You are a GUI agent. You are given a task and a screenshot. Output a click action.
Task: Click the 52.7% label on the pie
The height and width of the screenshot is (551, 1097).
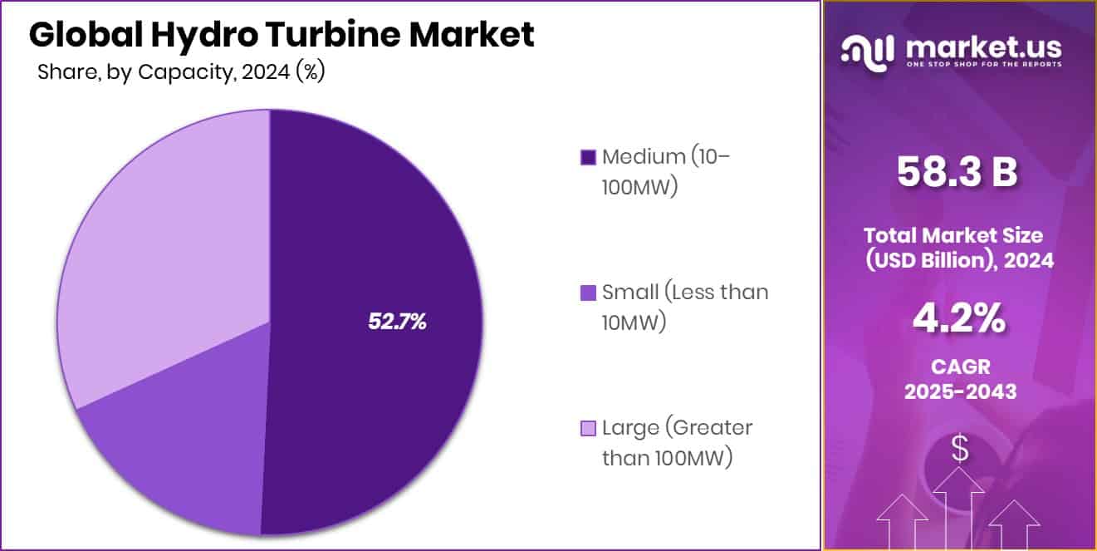click(x=397, y=322)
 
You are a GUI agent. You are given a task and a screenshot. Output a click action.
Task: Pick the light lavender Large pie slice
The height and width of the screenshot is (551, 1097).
click(x=158, y=249)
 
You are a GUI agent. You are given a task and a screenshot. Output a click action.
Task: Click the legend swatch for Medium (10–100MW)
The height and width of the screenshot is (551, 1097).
click(x=588, y=157)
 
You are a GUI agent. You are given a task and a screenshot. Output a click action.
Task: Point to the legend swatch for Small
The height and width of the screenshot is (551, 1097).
click(x=588, y=293)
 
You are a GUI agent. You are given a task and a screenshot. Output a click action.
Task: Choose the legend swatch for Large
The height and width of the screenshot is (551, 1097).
click(x=588, y=429)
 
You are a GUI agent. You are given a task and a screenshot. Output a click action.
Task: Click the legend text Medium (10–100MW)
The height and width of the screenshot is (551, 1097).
click(x=665, y=171)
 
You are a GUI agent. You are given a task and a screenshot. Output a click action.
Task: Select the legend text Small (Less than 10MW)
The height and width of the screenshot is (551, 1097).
click(x=684, y=307)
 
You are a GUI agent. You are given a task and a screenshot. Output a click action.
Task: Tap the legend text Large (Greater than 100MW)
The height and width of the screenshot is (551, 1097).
click(x=676, y=443)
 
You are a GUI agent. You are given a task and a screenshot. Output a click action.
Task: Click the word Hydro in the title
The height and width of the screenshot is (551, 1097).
click(x=195, y=35)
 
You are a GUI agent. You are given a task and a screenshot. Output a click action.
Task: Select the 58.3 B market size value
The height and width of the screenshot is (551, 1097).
click(x=957, y=172)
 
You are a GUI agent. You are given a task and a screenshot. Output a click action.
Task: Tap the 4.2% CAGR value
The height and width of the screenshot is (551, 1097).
click(x=959, y=319)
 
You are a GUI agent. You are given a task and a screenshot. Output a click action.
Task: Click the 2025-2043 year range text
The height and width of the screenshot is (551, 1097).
click(x=960, y=391)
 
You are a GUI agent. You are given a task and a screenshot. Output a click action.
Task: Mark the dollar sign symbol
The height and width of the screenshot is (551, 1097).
click(x=960, y=450)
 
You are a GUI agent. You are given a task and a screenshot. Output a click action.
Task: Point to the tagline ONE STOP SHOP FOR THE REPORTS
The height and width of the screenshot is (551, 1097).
click(x=984, y=64)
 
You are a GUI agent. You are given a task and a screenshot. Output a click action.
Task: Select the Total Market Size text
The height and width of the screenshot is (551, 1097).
click(x=960, y=234)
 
